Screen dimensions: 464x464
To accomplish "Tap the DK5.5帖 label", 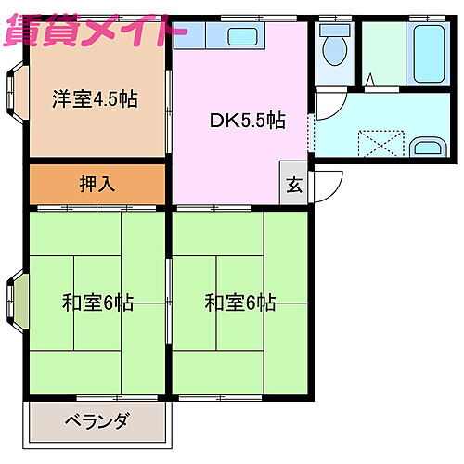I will click(x=246, y=121).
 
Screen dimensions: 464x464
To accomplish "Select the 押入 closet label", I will click(x=97, y=184).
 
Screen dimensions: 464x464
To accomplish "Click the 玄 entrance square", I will click(x=294, y=184).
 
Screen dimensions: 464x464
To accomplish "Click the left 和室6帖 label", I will click(x=97, y=303).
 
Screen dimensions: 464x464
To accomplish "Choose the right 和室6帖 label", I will click(x=240, y=303).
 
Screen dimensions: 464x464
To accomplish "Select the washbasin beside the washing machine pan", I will click(x=428, y=147).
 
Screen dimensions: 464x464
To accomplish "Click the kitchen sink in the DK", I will click(x=241, y=38).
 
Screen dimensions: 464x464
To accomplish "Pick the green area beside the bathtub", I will click(x=381, y=52).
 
